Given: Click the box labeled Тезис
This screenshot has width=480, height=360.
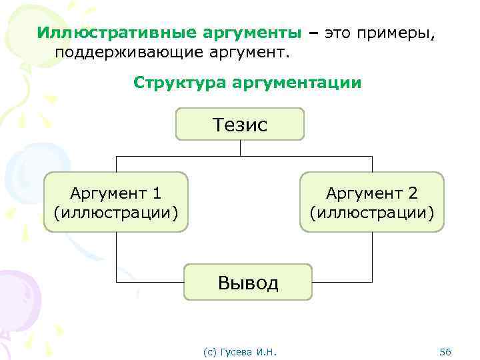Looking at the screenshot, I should coord(239,125).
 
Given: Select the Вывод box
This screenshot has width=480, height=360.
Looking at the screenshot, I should coord(247,283).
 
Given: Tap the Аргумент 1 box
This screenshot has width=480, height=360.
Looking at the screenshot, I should coord(116,202).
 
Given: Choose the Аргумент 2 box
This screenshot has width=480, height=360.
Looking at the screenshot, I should coord(371,202).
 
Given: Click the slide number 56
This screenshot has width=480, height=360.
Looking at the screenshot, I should coord(446,351).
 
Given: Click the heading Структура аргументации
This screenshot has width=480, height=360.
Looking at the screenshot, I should coord(247,83).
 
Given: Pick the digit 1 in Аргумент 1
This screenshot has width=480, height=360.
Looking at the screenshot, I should coord(157,193).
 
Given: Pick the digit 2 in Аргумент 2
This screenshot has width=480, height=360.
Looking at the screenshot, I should coord(413,193).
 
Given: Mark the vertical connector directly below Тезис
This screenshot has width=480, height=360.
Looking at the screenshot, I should coord(239,148).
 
